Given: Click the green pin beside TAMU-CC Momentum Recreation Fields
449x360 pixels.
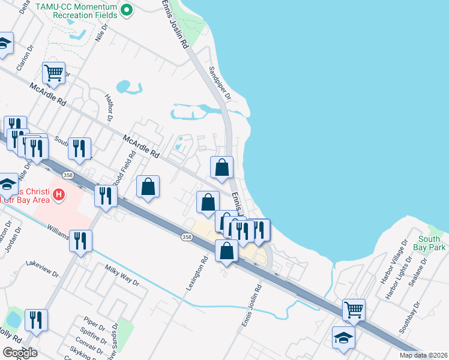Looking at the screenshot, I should tap(127, 10).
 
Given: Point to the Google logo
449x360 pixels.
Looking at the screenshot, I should tap(20, 353).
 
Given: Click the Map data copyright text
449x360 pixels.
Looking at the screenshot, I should tap(424, 355).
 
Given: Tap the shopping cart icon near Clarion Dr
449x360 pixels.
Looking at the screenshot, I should tap(54, 74).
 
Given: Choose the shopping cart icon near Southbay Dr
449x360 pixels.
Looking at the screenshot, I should tap(354, 310).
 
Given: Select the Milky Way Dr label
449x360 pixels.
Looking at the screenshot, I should tap(122, 275).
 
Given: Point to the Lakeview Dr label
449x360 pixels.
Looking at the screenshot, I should tap(43, 269).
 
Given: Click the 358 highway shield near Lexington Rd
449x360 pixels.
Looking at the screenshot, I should tap(187, 237).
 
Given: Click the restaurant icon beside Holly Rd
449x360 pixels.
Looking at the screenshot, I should tap(36, 321).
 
